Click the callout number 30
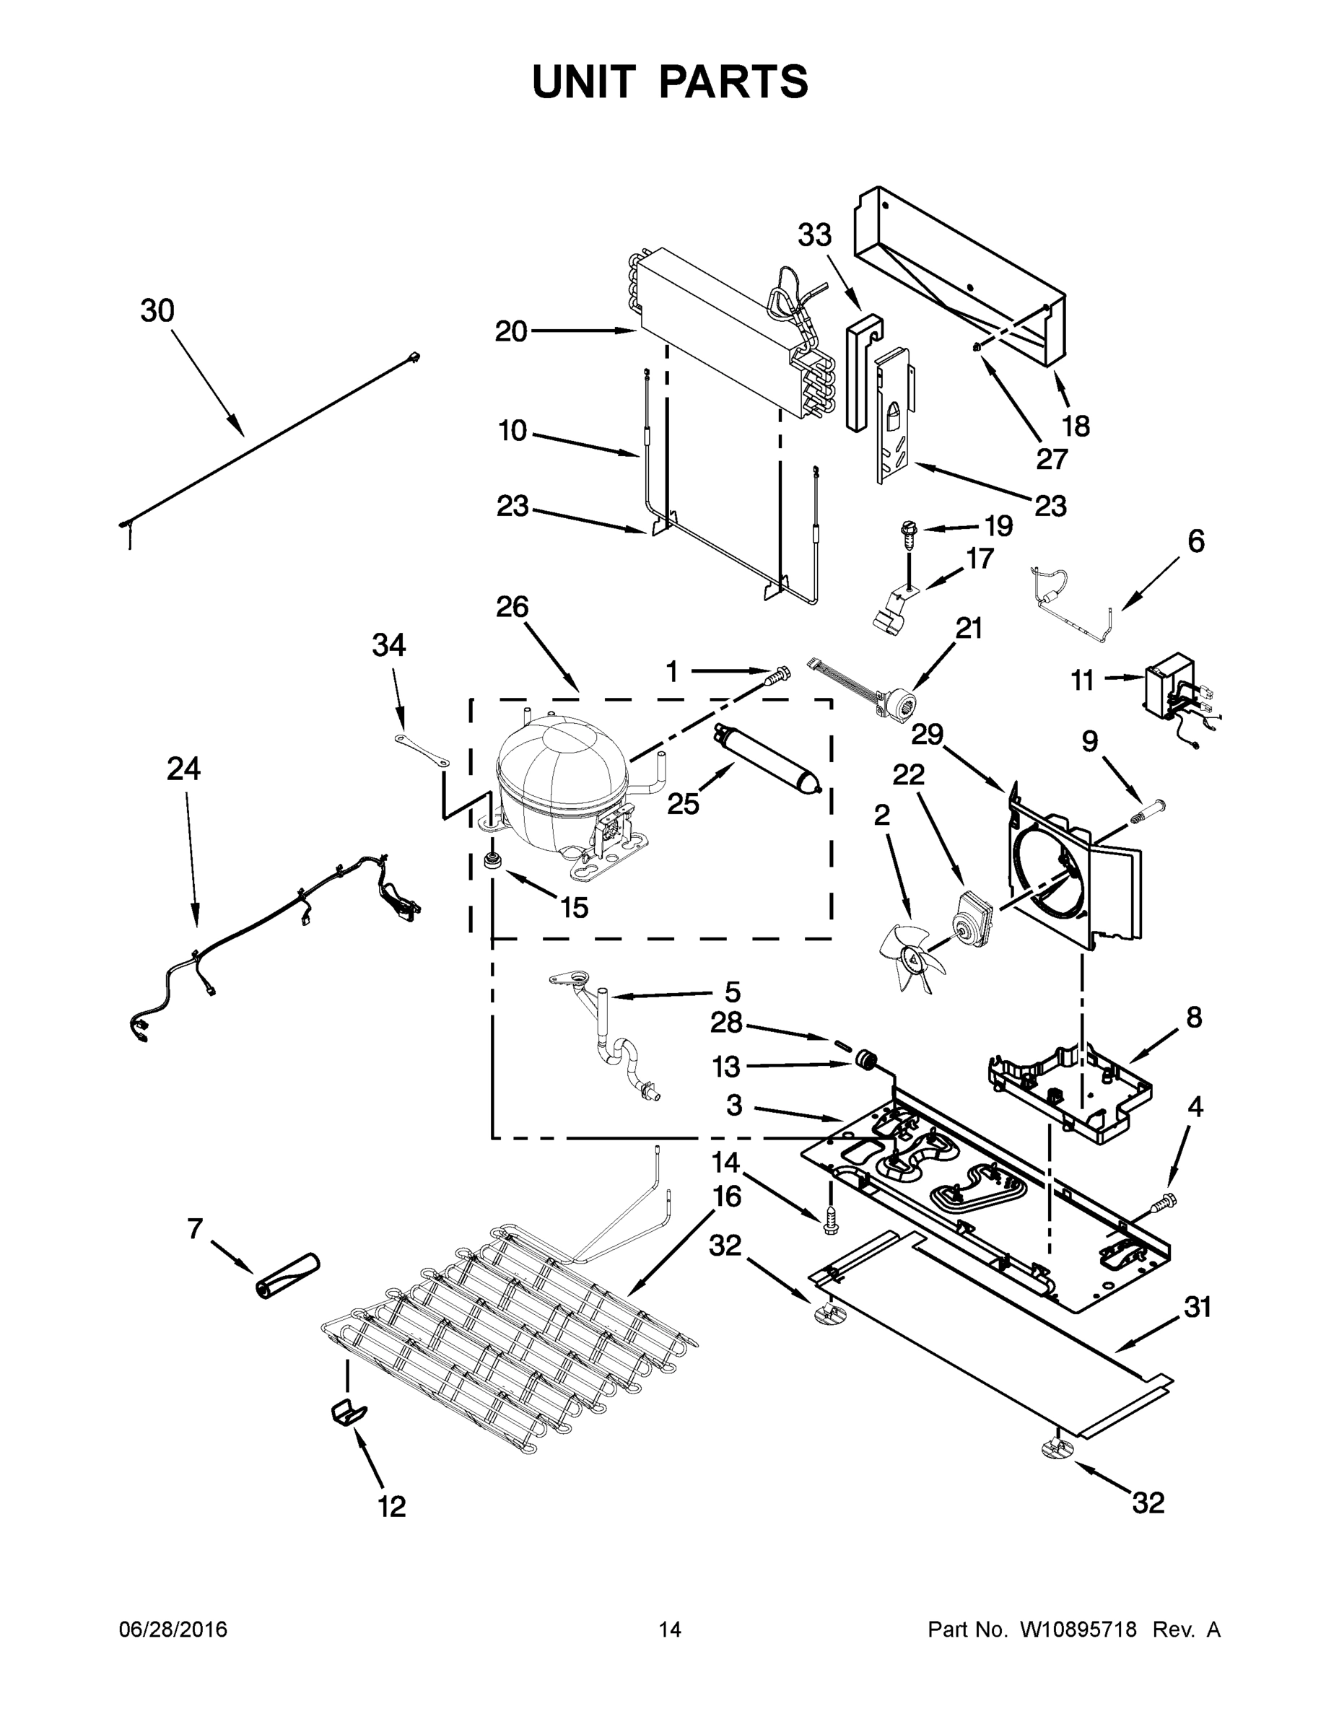point(157,311)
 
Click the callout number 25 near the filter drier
point(682,804)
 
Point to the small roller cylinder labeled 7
point(286,1276)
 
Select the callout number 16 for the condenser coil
point(727,1195)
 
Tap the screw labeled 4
point(1165,1203)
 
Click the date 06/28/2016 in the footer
point(173,1629)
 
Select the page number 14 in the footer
point(670,1629)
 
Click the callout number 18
point(1075,426)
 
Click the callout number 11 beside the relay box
point(1082,680)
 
